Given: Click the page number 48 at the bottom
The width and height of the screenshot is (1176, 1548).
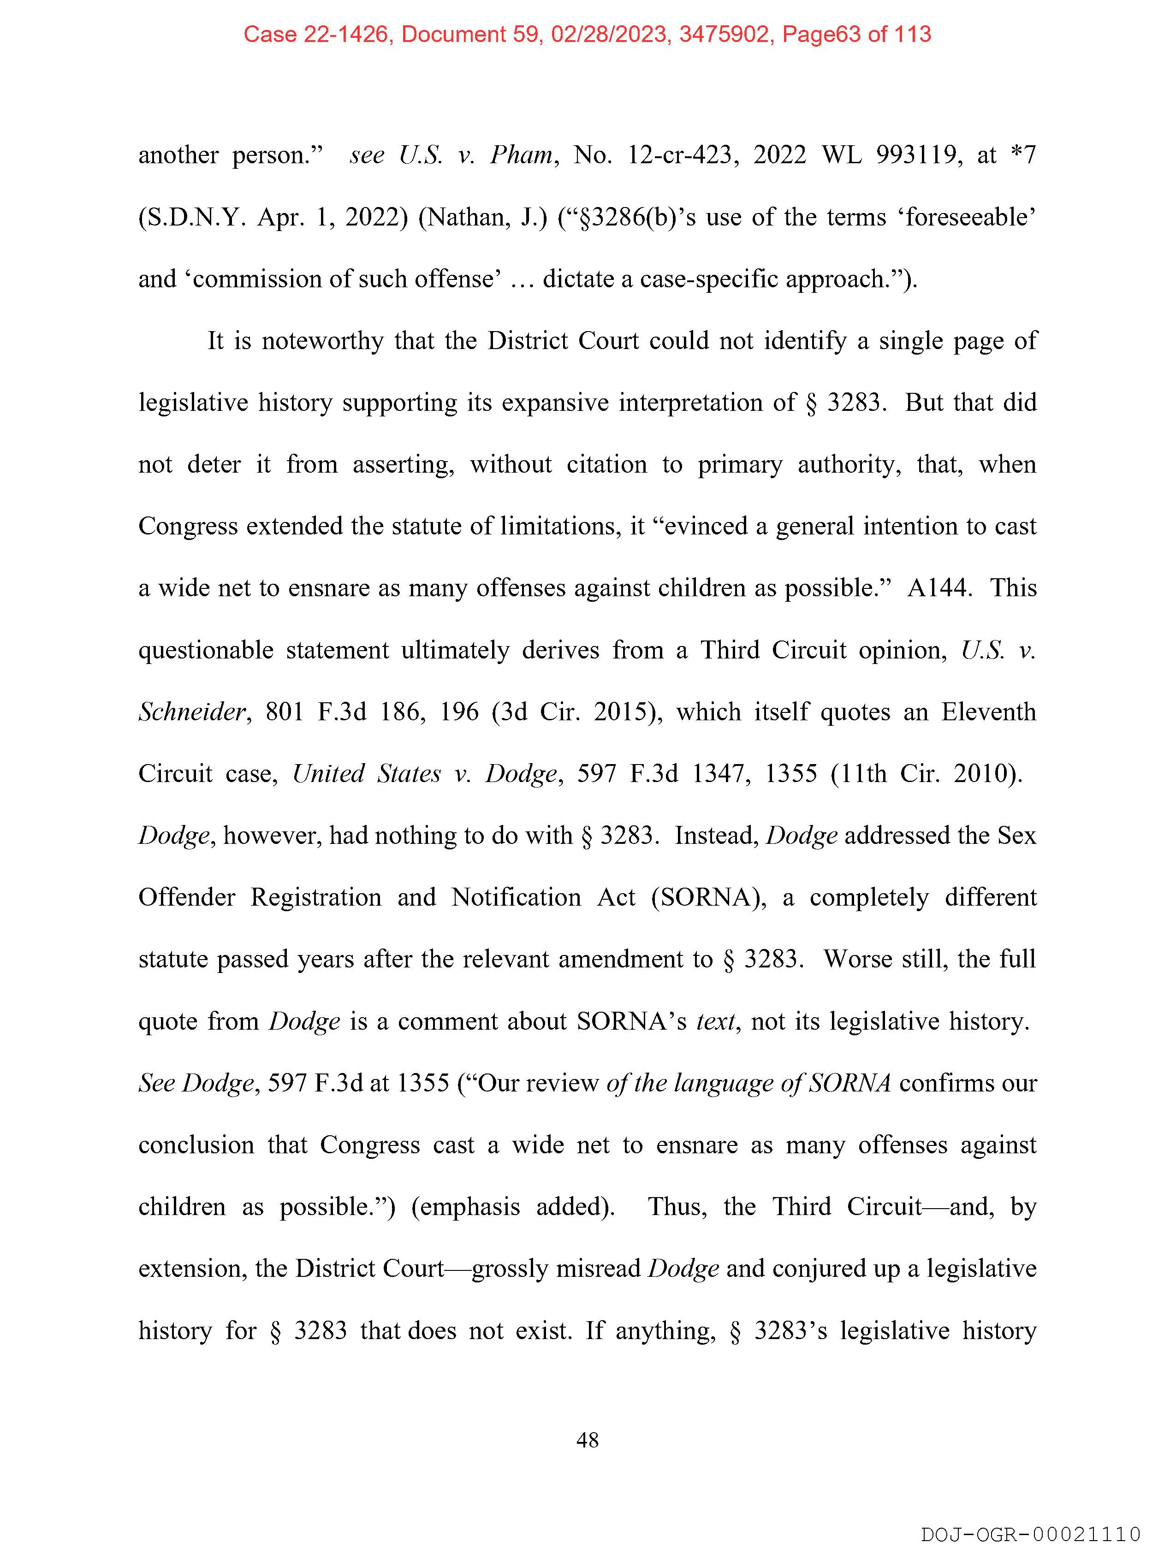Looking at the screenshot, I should [587, 1440].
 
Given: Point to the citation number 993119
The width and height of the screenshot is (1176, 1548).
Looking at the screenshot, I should [915, 154].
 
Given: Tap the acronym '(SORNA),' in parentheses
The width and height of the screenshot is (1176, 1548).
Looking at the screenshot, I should [708, 897].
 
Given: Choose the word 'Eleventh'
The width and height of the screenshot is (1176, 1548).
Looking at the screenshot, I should [988, 712].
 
